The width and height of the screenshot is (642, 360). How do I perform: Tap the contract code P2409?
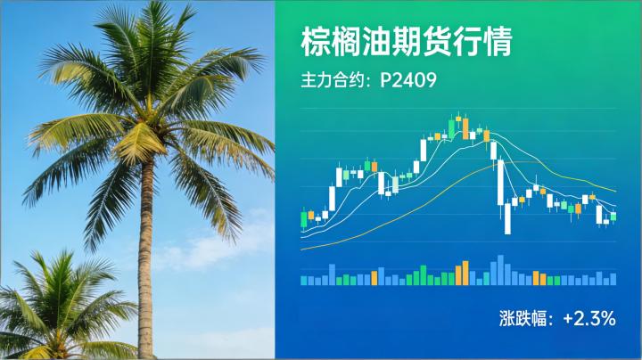(x=407, y=80)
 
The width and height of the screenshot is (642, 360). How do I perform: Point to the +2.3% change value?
(x=589, y=317)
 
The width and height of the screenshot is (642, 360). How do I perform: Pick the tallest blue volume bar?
(x=500, y=270)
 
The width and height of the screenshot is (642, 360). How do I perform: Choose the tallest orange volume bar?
(x=465, y=273)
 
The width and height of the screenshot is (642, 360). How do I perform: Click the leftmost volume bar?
(x=303, y=280)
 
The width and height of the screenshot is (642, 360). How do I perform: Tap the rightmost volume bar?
(x=613, y=279)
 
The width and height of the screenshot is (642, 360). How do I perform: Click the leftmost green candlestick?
(x=303, y=218)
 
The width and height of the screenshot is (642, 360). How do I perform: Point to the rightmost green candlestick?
(x=613, y=216)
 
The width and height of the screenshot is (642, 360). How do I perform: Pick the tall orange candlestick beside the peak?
(x=465, y=127)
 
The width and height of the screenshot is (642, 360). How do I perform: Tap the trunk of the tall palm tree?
(x=145, y=258)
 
